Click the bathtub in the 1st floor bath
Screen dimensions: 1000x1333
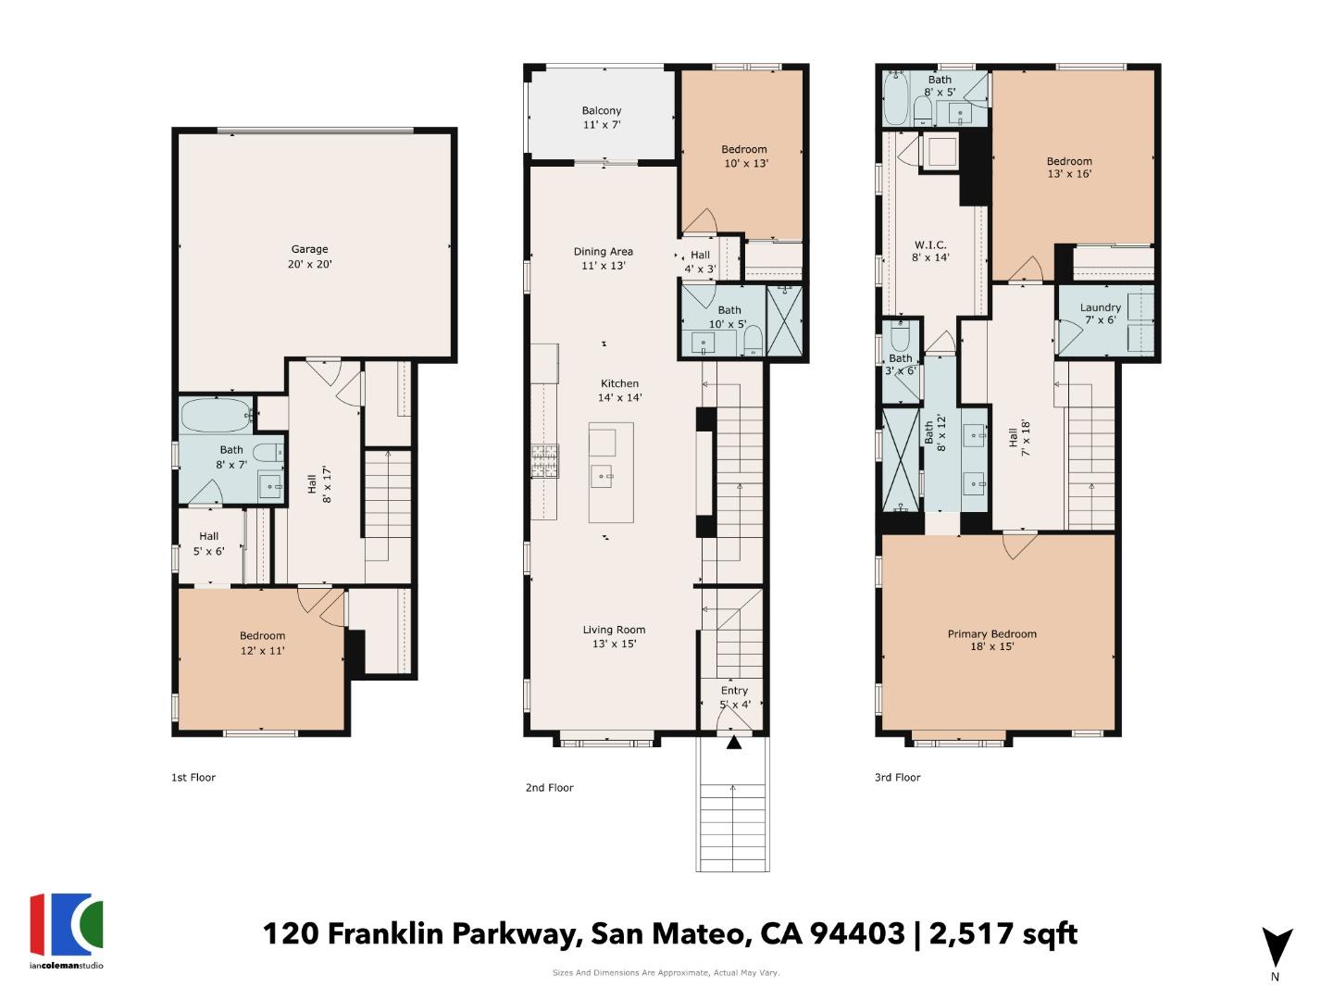[x=216, y=416]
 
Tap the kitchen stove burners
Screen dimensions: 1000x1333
[x=544, y=460]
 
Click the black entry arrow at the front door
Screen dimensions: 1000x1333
[x=733, y=742]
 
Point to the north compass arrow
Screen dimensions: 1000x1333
[x=1277, y=947]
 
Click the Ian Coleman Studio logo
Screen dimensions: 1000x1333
[x=67, y=927]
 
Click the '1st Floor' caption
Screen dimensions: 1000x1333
[x=193, y=778]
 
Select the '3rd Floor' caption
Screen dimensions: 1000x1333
[x=897, y=778]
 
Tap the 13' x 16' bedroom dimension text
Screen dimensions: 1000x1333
[x=1069, y=174]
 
